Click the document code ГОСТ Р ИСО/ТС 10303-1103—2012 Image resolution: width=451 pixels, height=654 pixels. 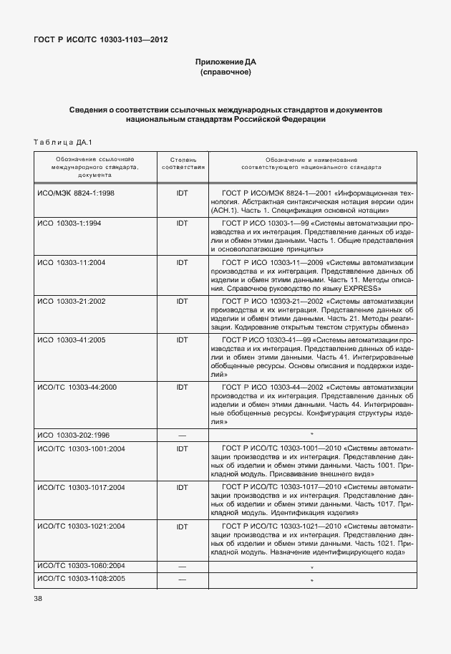pos(101,40)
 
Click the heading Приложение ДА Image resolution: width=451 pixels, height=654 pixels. pos(225,62)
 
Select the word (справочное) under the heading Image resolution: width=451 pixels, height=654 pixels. pos(225,73)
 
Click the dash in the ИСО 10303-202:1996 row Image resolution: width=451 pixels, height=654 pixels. pos(182,435)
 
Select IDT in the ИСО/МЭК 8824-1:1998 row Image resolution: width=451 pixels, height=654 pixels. pos(182,193)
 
